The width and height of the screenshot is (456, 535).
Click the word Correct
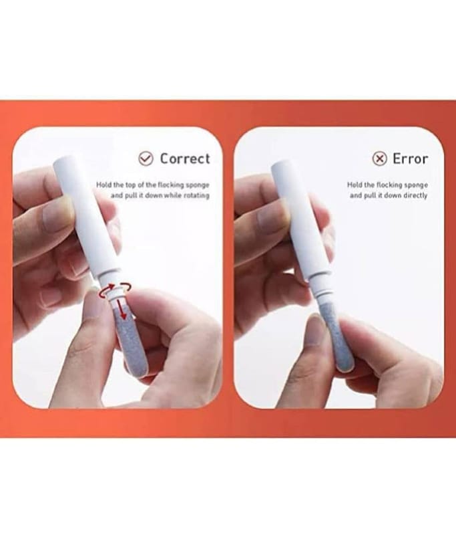tap(185, 158)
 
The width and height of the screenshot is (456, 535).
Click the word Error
tap(410, 158)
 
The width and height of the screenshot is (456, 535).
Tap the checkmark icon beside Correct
tap(146, 158)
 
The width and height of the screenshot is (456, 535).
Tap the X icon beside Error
tap(379, 158)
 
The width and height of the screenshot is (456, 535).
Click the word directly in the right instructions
tap(415, 195)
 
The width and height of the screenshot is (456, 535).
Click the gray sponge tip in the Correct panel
tap(131, 341)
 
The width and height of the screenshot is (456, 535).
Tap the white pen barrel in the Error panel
tap(300, 222)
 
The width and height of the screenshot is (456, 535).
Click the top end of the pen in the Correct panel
tap(63, 160)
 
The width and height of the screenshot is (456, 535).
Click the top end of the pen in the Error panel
tap(280, 165)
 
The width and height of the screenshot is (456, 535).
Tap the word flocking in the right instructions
tap(389, 185)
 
